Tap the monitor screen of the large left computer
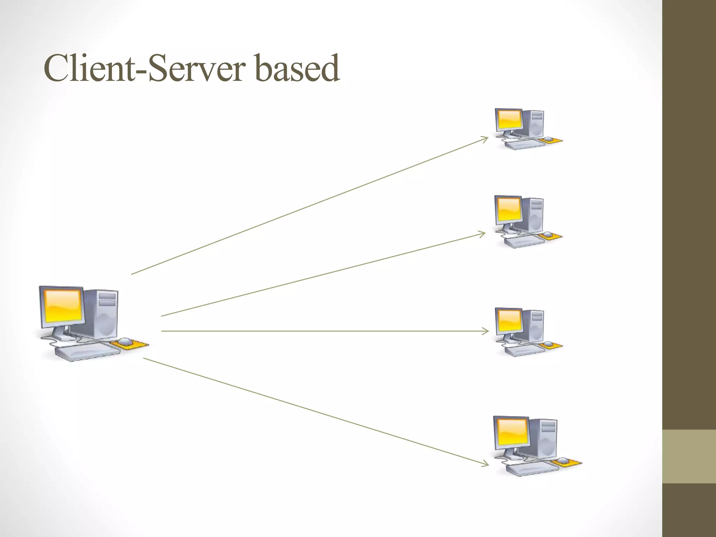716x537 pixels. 62,306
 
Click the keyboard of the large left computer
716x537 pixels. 87,352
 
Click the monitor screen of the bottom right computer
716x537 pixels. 512,431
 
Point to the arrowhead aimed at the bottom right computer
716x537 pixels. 486,464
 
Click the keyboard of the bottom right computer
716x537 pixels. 531,468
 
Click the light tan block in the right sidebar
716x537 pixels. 689,456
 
